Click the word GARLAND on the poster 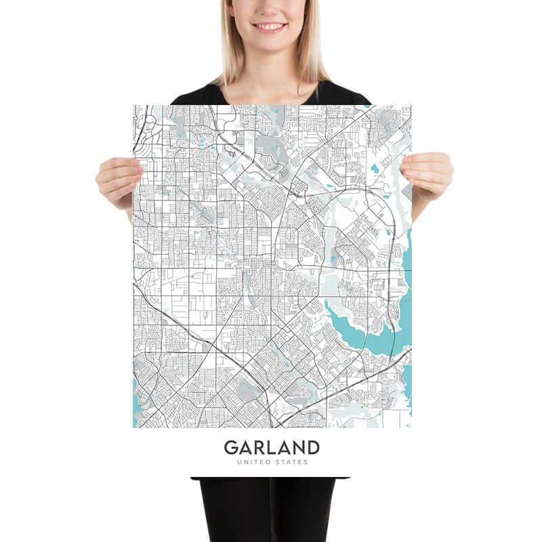click(x=271, y=448)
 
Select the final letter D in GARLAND click(x=312, y=448)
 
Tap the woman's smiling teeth click(x=269, y=26)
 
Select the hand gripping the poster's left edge click(x=119, y=180)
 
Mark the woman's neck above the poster click(x=271, y=78)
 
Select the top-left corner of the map click(x=133, y=106)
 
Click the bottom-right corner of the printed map click(x=411, y=428)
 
